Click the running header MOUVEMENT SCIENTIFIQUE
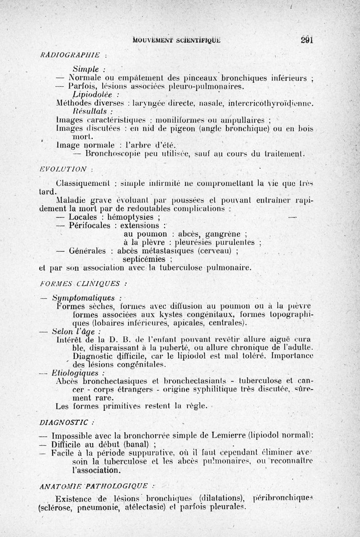click(177, 40)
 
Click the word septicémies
click(144, 260)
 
